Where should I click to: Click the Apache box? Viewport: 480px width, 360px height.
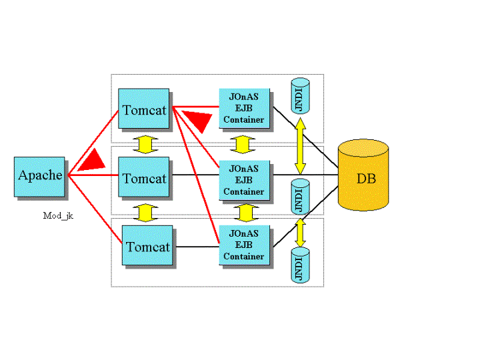click(x=40, y=176)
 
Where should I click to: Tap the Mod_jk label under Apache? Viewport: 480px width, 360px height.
click(x=57, y=215)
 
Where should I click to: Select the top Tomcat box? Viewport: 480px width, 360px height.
click(x=144, y=109)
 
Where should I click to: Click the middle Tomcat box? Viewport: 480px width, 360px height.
click(x=144, y=178)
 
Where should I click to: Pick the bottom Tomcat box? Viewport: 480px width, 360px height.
click(x=148, y=247)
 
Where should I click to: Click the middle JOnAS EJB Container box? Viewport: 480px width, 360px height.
click(x=244, y=178)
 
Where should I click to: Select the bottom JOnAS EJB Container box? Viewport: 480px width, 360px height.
click(x=244, y=243)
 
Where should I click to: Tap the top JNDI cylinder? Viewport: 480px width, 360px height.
click(x=300, y=95)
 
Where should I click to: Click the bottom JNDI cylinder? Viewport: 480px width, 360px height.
click(x=300, y=265)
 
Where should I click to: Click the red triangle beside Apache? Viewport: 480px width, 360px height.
click(x=92, y=161)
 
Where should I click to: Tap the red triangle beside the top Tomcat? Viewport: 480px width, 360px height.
click(x=197, y=122)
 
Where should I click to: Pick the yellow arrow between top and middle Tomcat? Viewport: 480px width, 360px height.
click(x=145, y=144)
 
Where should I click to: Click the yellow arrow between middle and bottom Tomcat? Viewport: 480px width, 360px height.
click(x=145, y=213)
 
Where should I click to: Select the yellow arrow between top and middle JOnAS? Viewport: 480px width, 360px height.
click(x=243, y=144)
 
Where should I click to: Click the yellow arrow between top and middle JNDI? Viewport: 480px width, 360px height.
click(x=300, y=145)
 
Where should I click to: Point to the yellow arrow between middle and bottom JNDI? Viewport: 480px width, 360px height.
click(x=300, y=231)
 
